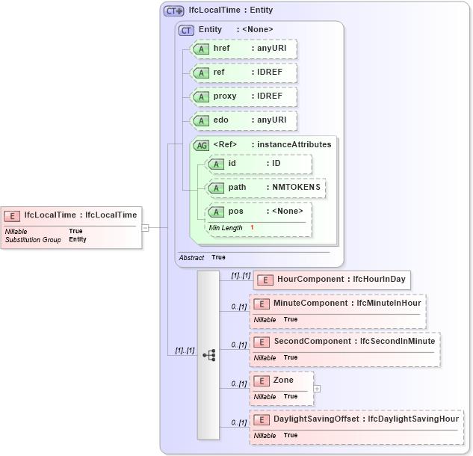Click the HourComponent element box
(x=332, y=280)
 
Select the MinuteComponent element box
(x=337, y=311)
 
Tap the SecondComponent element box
(x=344, y=349)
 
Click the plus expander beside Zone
(x=317, y=389)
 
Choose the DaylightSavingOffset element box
(x=356, y=427)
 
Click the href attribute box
(x=244, y=49)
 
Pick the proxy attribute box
(x=244, y=96)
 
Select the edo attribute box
(x=244, y=120)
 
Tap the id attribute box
(x=259, y=164)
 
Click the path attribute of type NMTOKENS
(x=266, y=188)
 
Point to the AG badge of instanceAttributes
(x=201, y=146)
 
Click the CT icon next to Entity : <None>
(x=186, y=30)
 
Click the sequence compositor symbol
(x=208, y=355)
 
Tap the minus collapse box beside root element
(x=146, y=227)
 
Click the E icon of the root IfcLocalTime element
(x=12, y=216)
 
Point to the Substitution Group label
(x=33, y=240)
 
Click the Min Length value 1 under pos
(x=252, y=227)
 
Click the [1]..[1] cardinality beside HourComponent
(x=240, y=276)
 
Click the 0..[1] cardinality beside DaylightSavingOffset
(x=238, y=423)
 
